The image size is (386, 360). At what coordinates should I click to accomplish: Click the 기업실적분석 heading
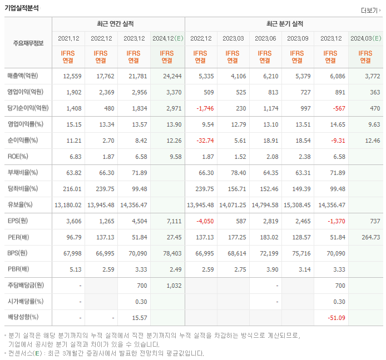[x=22, y=8]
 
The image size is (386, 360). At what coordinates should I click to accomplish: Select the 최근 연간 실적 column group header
[x=118, y=24]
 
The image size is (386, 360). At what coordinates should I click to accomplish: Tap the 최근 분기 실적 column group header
[x=285, y=24]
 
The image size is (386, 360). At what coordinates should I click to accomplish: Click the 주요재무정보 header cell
[x=28, y=43]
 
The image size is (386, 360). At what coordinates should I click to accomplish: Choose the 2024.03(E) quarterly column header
[x=365, y=38]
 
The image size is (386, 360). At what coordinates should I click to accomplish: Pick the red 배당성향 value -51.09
[x=335, y=317]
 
